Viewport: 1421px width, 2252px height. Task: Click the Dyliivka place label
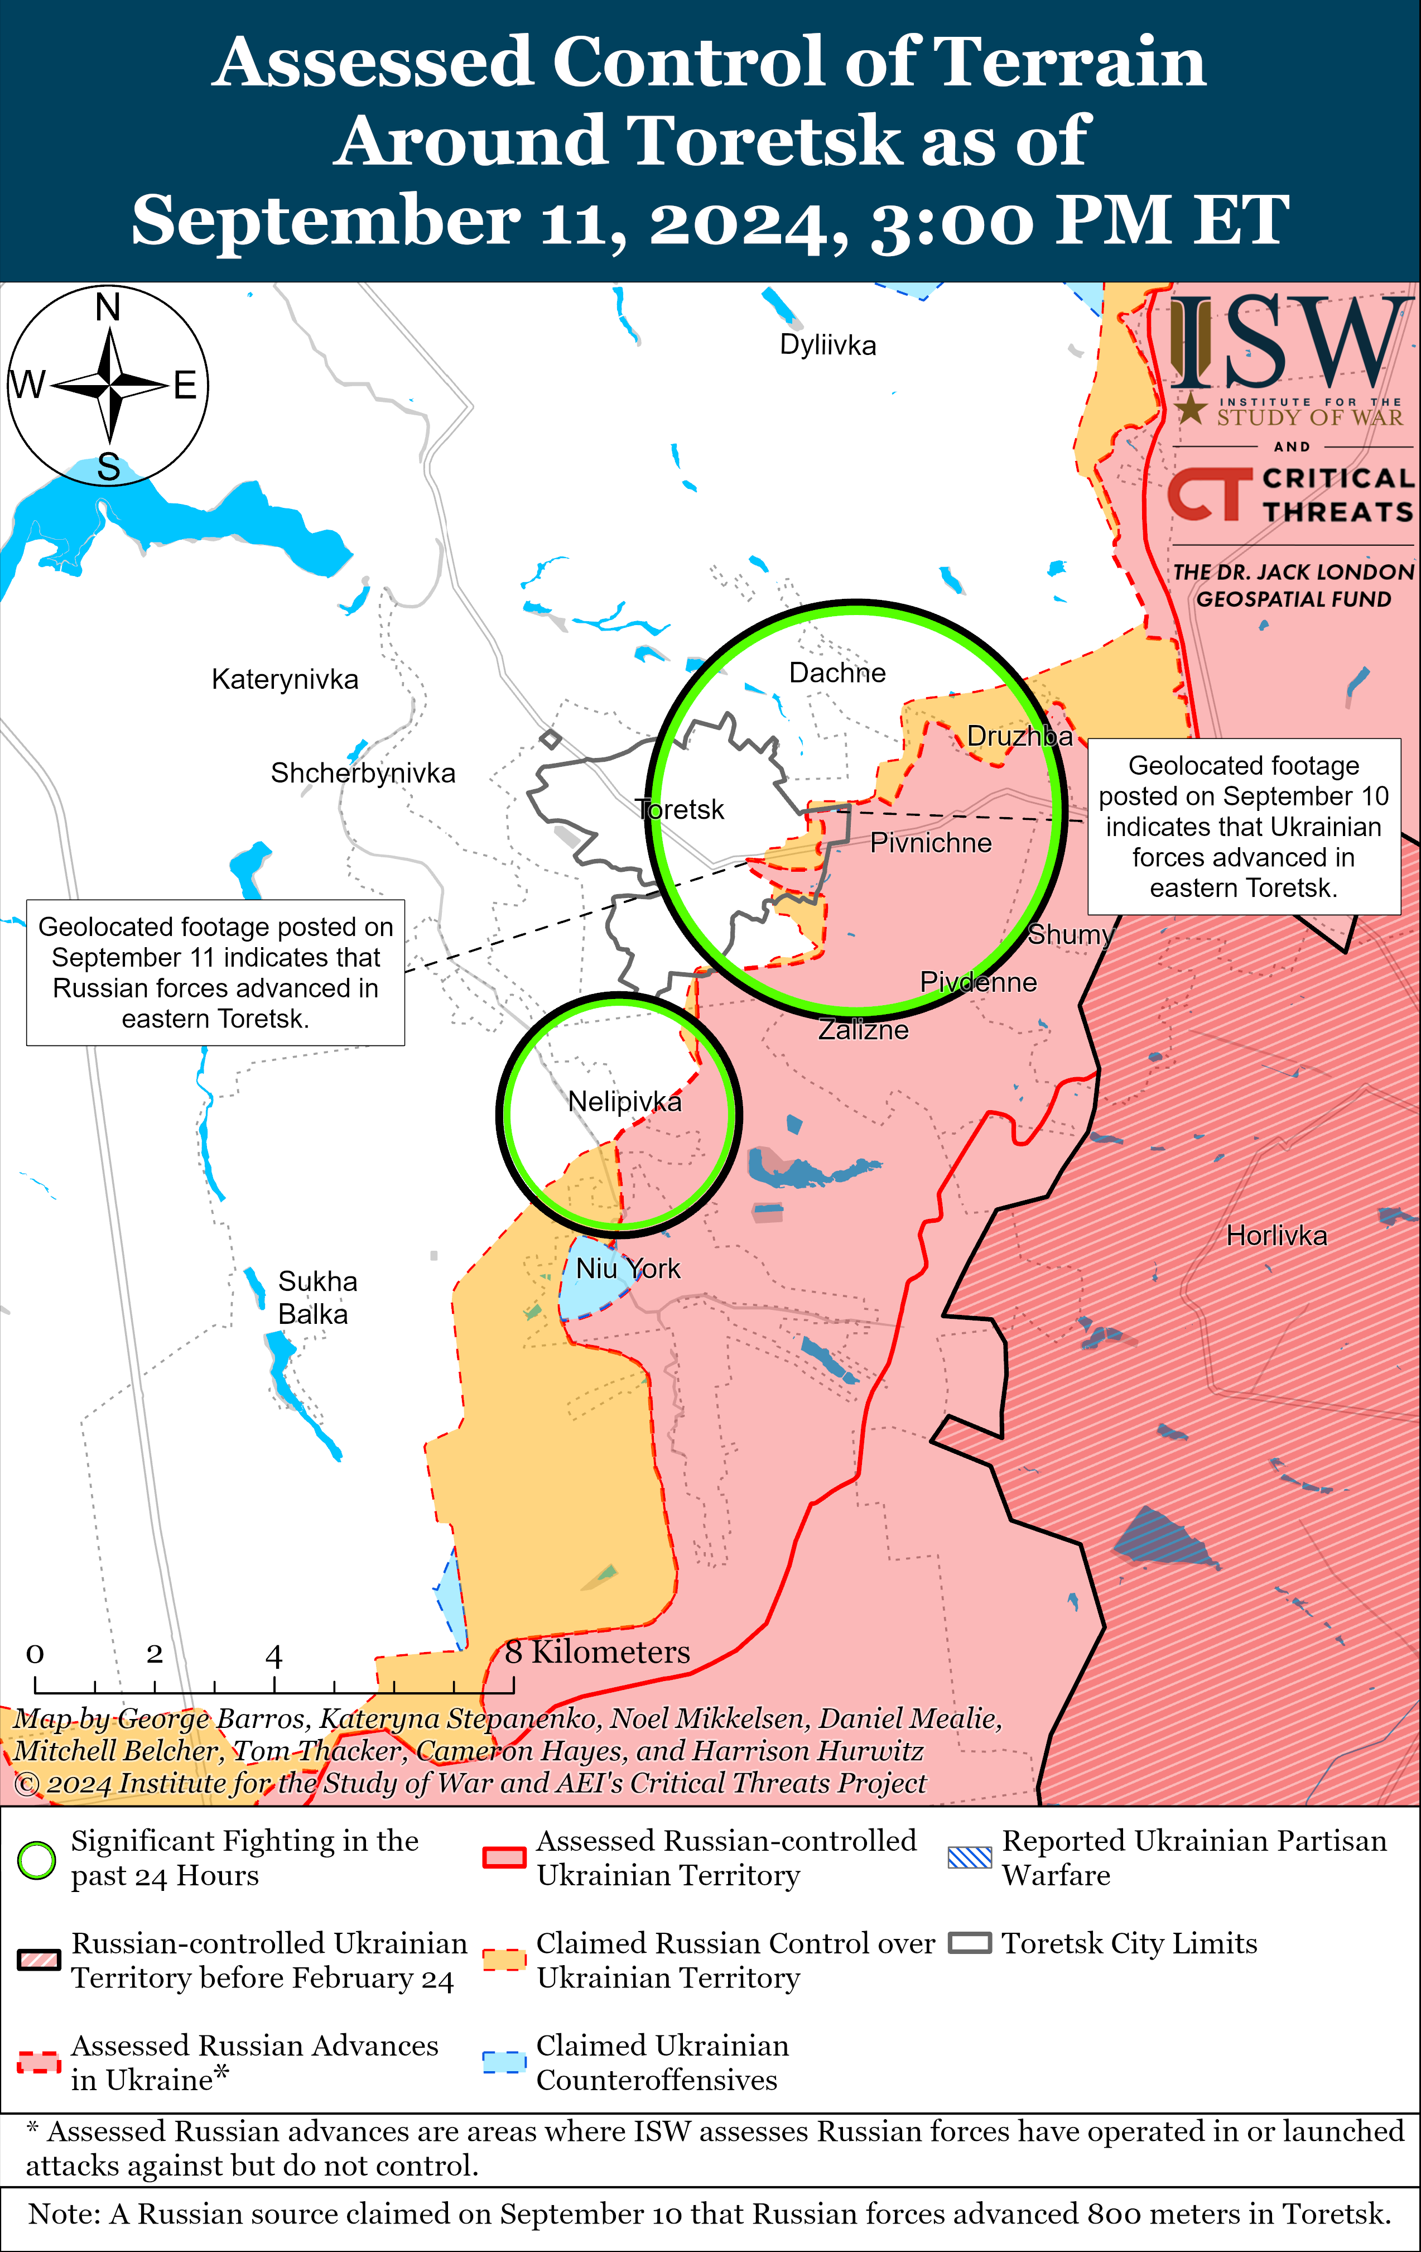(827, 345)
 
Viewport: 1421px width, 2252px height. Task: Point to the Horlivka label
(1276, 1236)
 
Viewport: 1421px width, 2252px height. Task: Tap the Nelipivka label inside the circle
(624, 1102)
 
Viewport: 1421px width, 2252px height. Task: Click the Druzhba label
(1019, 736)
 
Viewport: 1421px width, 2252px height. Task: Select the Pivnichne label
(930, 843)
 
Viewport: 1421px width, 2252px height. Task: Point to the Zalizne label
(863, 1030)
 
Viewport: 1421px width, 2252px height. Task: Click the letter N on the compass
(108, 307)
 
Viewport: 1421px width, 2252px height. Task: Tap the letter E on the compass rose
(185, 385)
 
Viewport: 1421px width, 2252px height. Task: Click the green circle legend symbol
(36, 1860)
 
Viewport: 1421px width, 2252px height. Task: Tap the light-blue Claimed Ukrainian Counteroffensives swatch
(504, 2062)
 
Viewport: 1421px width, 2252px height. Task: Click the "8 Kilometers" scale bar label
(598, 1653)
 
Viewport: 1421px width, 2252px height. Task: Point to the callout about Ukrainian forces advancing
(1244, 827)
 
